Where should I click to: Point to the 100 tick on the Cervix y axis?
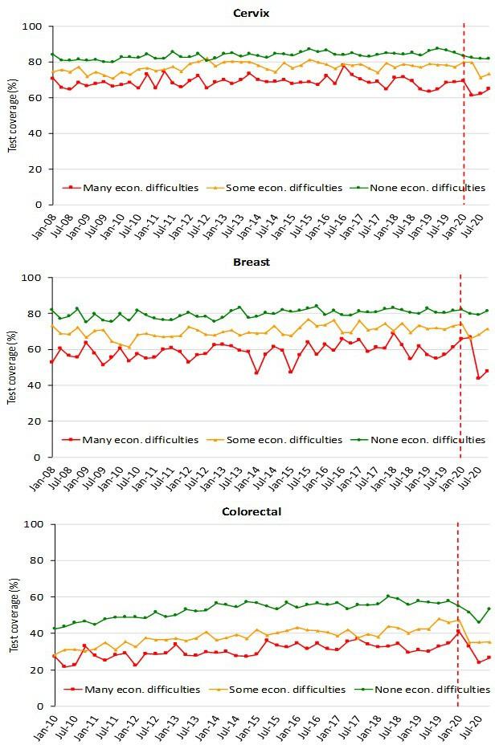pos(35,27)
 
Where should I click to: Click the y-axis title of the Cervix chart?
pos(12,116)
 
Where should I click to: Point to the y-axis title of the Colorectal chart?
pos(12,616)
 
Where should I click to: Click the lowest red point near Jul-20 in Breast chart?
pos(479,378)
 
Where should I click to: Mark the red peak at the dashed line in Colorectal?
pos(458,632)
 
